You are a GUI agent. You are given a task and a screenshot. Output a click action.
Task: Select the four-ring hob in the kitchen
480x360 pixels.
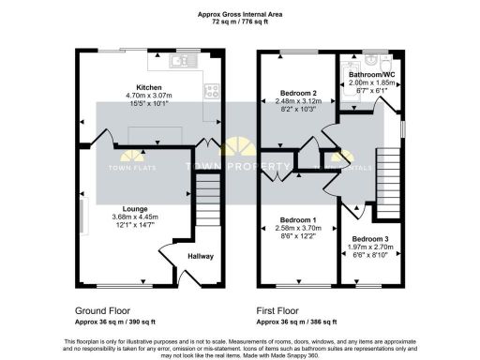coord(211,91)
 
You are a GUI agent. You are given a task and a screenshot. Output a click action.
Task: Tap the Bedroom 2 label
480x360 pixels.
coord(298,94)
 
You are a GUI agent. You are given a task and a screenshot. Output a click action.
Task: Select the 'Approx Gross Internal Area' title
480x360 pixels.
coord(239,13)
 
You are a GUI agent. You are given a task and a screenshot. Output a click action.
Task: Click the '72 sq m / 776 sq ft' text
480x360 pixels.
coord(239,22)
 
